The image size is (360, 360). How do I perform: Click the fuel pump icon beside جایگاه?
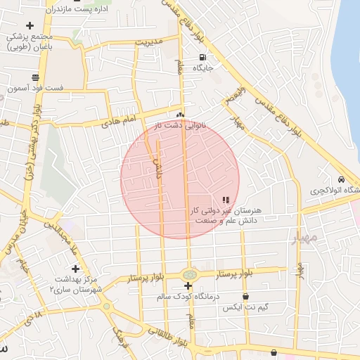(x=202, y=58)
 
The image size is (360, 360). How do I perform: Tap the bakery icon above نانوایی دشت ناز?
(x=181, y=115)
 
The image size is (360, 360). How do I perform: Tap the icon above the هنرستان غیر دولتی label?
(x=225, y=200)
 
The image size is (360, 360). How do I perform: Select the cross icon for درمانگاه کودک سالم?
(x=188, y=286)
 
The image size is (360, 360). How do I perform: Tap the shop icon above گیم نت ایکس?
(x=266, y=296)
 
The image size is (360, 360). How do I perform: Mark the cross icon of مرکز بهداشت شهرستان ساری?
(x=76, y=269)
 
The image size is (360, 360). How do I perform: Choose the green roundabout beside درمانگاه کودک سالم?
(x=188, y=274)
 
